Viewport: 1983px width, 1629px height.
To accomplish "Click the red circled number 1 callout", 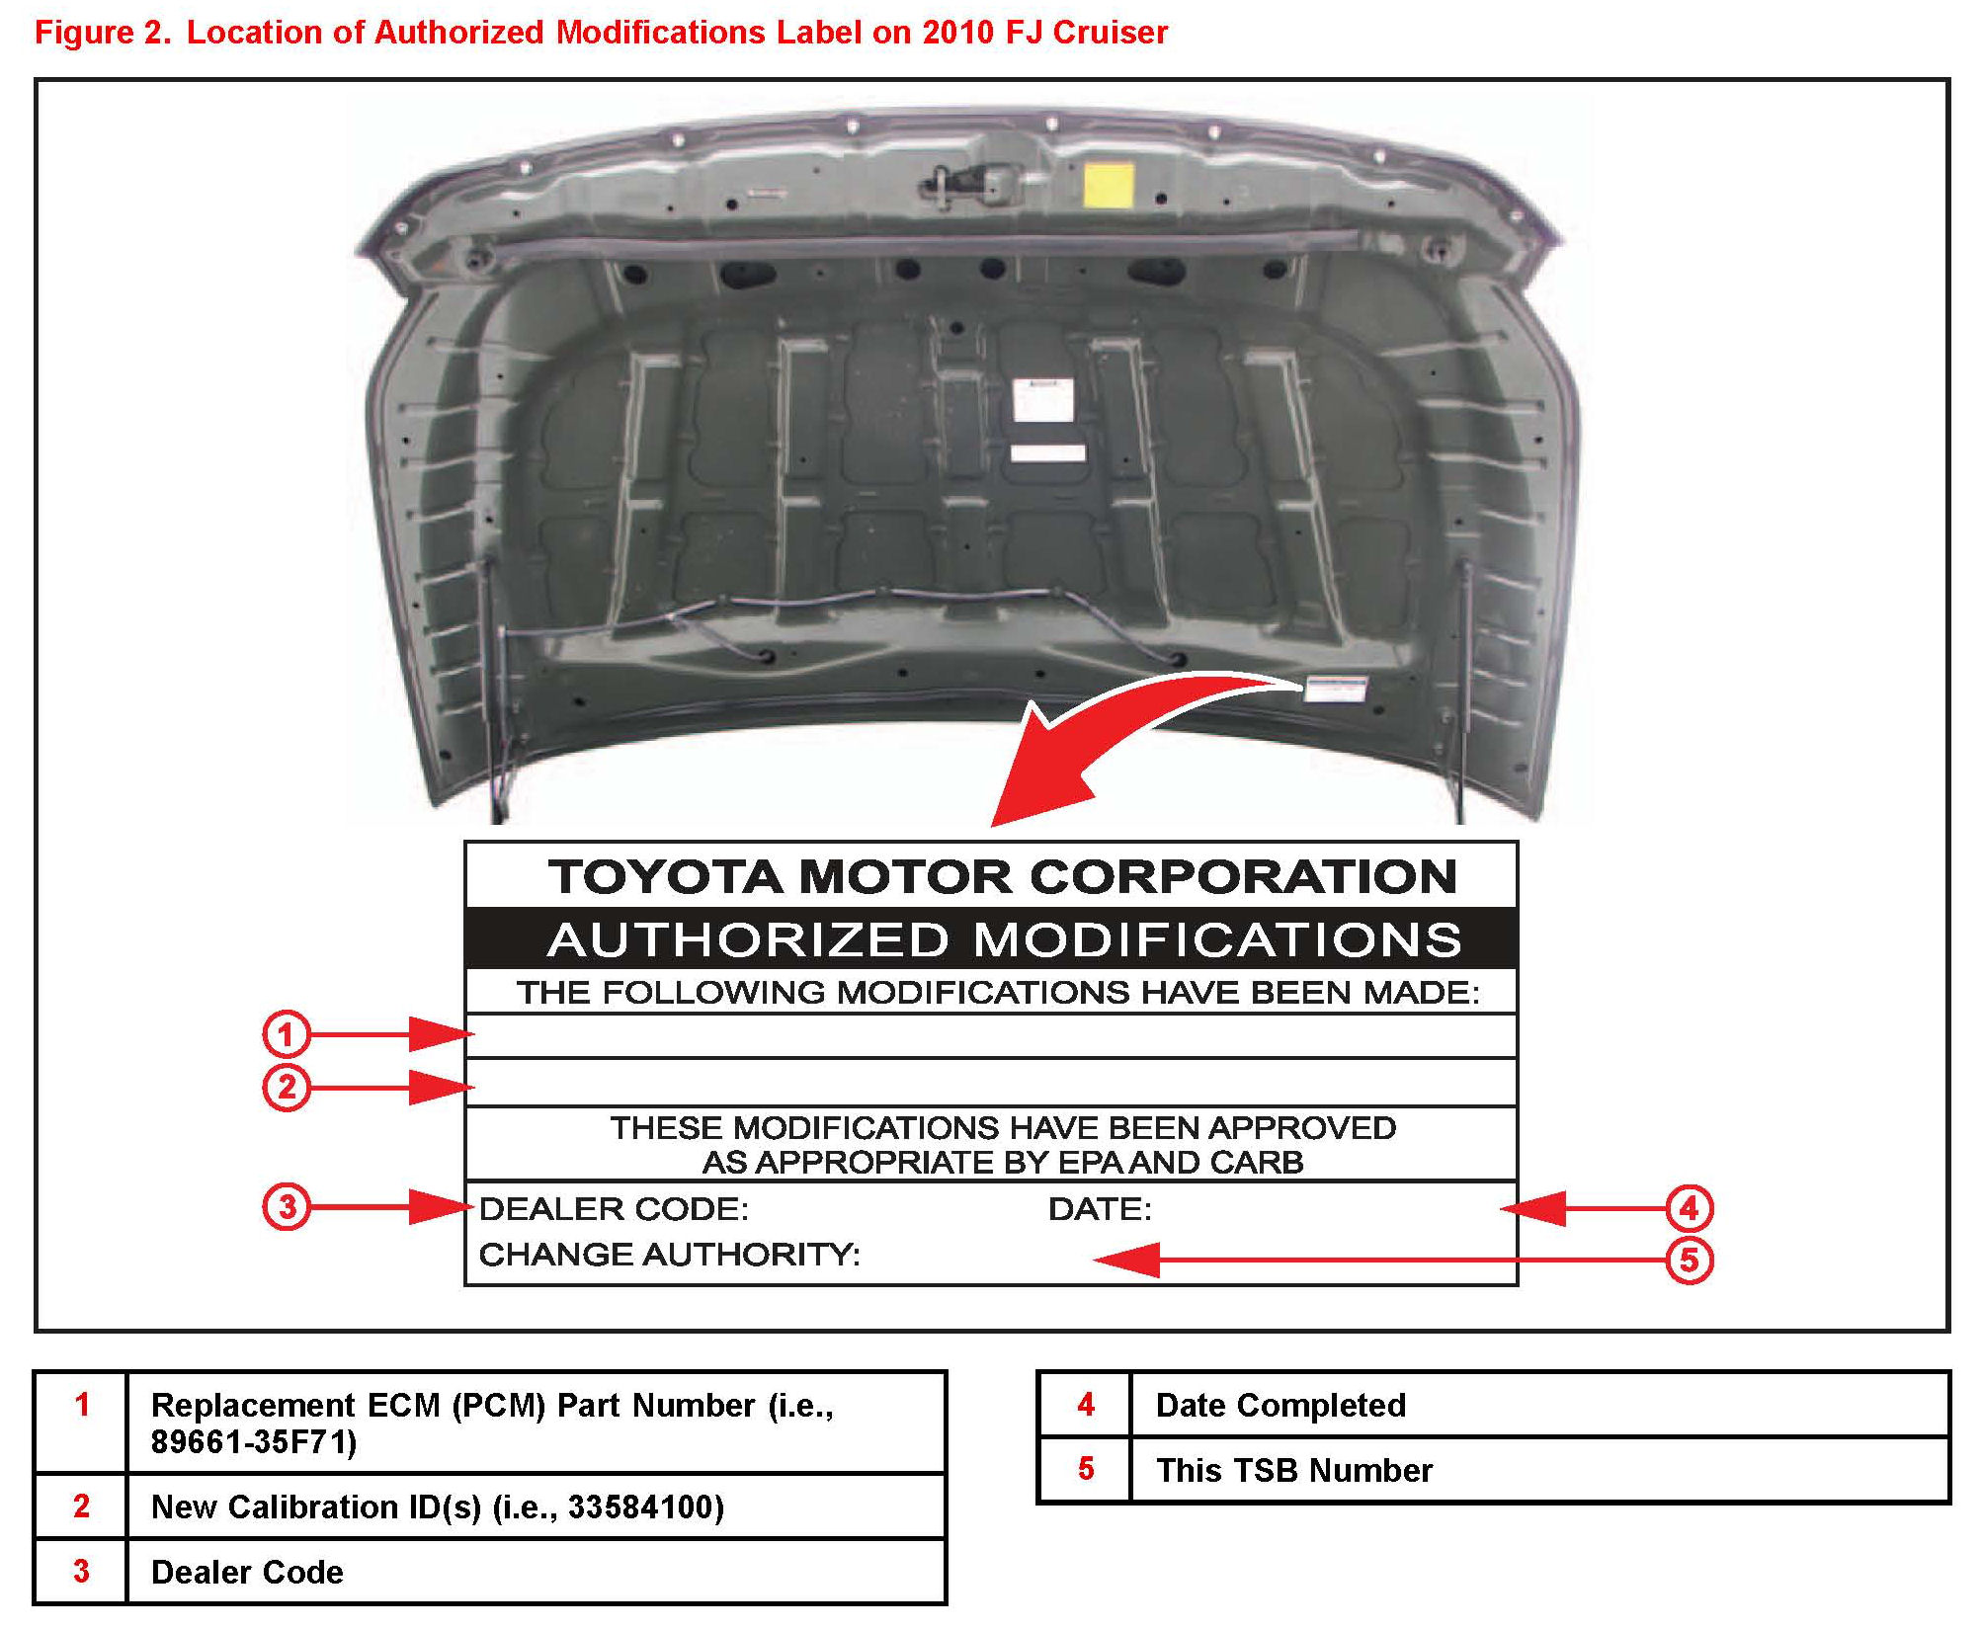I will pyautogui.click(x=286, y=1034).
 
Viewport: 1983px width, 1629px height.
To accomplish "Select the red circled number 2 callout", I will pyautogui.click(x=286, y=1087).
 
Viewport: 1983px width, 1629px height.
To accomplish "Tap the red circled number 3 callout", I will pyautogui.click(x=286, y=1206).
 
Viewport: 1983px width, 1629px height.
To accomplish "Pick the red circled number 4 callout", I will pyautogui.click(x=1689, y=1207).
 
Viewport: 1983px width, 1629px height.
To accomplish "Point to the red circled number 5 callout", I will pyautogui.click(x=1689, y=1261).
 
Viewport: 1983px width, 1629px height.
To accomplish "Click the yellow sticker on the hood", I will pyautogui.click(x=1108, y=185).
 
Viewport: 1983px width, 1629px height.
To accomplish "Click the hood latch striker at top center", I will pyautogui.click(x=963, y=182).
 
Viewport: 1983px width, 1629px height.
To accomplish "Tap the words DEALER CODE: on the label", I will pyautogui.click(x=614, y=1208).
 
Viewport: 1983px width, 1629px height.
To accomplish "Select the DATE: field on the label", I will pyautogui.click(x=1100, y=1208).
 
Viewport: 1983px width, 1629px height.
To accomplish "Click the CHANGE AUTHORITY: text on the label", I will pyautogui.click(x=669, y=1255).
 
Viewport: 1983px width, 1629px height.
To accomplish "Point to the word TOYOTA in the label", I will pyautogui.click(x=666, y=876).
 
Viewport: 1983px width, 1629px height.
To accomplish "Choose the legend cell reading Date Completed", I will pyautogui.click(x=1281, y=1405).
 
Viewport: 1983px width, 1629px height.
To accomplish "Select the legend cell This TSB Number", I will pyautogui.click(x=1294, y=1470).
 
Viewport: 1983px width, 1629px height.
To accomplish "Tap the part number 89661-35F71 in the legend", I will pyautogui.click(x=254, y=1443).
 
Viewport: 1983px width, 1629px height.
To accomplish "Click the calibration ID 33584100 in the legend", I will pyautogui.click(x=643, y=1507).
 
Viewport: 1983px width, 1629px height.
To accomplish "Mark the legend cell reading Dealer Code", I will pyautogui.click(x=247, y=1572).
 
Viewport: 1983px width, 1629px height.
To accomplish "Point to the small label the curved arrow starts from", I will pyautogui.click(x=1335, y=688).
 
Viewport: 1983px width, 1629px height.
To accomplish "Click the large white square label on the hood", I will pyautogui.click(x=1042, y=401).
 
